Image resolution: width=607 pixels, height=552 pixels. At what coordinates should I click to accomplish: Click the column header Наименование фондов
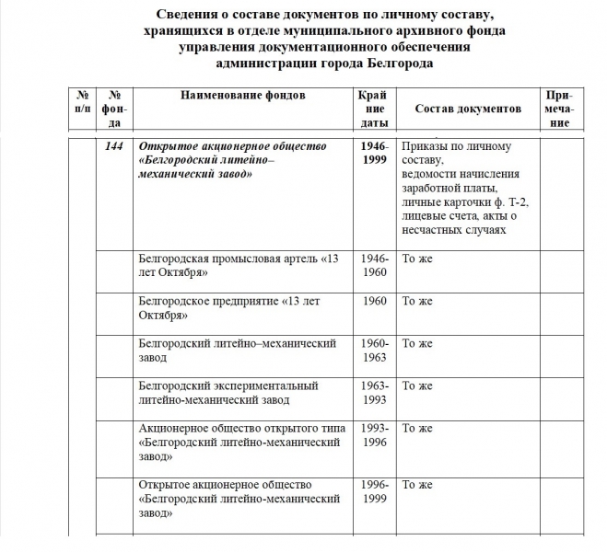click(x=242, y=96)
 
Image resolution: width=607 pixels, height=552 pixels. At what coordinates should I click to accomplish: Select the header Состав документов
click(x=468, y=109)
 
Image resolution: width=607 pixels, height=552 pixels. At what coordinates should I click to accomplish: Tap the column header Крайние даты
click(x=374, y=109)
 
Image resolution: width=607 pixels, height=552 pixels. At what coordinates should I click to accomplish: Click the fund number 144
click(x=115, y=146)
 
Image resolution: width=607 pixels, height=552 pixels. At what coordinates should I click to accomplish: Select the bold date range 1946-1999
click(x=375, y=153)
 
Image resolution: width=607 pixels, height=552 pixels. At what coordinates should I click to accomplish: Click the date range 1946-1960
click(x=375, y=265)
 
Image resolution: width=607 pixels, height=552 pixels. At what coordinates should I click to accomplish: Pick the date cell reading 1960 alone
click(x=375, y=302)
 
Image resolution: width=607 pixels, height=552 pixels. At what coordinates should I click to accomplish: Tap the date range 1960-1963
click(x=375, y=351)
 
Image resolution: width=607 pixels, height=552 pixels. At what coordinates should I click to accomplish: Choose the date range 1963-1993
click(x=375, y=393)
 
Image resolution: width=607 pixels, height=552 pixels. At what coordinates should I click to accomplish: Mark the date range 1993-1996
click(x=375, y=435)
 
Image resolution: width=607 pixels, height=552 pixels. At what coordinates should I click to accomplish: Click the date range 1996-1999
click(x=375, y=491)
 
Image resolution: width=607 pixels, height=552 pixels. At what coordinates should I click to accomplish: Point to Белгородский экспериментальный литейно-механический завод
click(x=228, y=393)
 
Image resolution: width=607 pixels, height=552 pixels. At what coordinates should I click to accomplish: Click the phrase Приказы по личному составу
click(x=457, y=153)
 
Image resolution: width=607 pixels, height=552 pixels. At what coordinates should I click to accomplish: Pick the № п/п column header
click(x=82, y=102)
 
